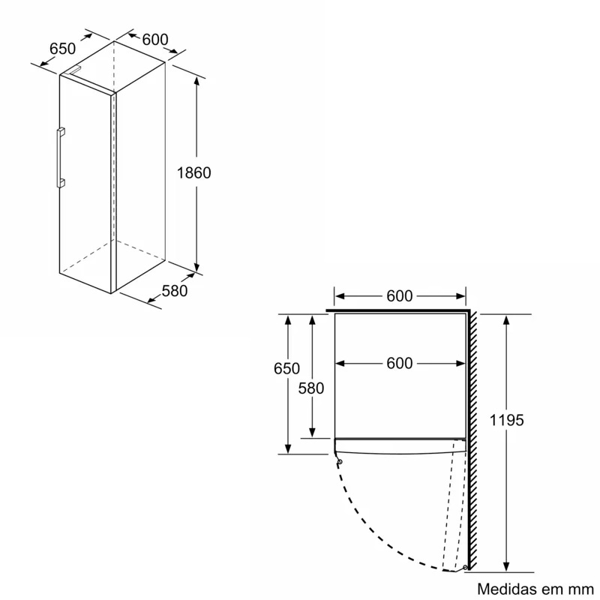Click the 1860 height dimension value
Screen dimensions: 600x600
[194, 172]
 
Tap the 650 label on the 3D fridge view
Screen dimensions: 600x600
[63, 49]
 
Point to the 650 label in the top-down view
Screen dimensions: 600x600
[286, 368]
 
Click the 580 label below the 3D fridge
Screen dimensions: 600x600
[174, 291]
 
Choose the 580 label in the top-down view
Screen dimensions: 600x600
[310, 388]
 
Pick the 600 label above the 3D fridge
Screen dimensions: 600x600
[154, 40]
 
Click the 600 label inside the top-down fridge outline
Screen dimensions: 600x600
[400, 364]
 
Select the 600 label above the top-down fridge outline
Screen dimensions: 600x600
[400, 296]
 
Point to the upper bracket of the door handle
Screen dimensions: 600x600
[61, 132]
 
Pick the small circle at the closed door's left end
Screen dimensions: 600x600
[340, 462]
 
